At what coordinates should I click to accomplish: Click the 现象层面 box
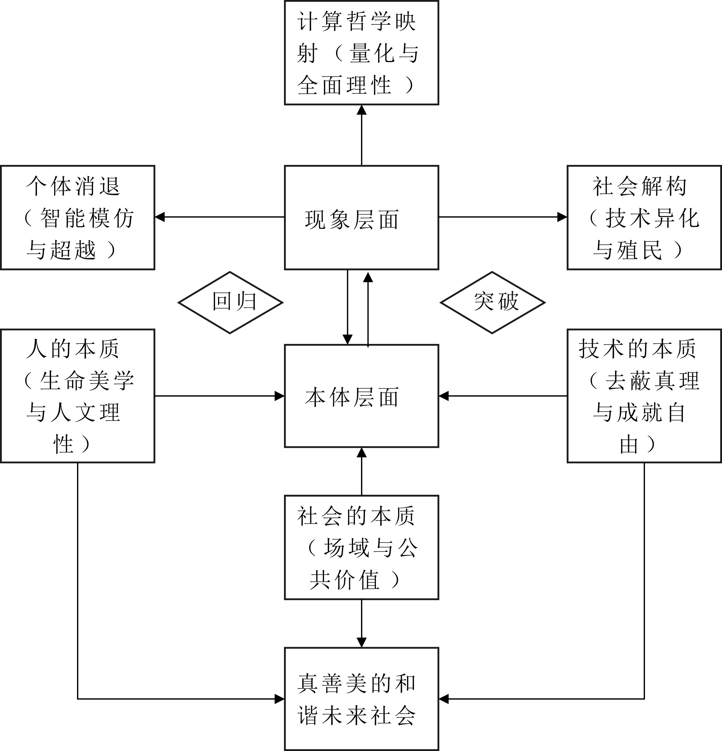[361, 217]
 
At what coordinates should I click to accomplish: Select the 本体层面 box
[361, 396]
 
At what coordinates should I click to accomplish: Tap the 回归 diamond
[230, 302]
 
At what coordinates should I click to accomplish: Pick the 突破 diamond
[492, 302]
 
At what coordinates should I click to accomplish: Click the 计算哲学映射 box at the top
[361, 53]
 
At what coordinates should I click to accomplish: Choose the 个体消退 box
[77, 217]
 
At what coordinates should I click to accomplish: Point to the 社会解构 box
[644, 217]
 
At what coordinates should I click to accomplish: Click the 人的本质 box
[77, 396]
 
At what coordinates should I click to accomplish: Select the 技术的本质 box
[644, 396]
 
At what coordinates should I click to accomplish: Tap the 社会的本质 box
[361, 547]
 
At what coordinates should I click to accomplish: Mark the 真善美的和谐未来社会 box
[361, 699]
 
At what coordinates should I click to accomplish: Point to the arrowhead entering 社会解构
[562, 217]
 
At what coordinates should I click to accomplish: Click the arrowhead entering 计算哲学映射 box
[361, 110]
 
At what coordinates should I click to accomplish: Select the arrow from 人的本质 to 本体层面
[219, 396]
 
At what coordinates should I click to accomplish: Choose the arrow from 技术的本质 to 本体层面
[502, 396]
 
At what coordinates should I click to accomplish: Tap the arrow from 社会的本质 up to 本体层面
[361, 471]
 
